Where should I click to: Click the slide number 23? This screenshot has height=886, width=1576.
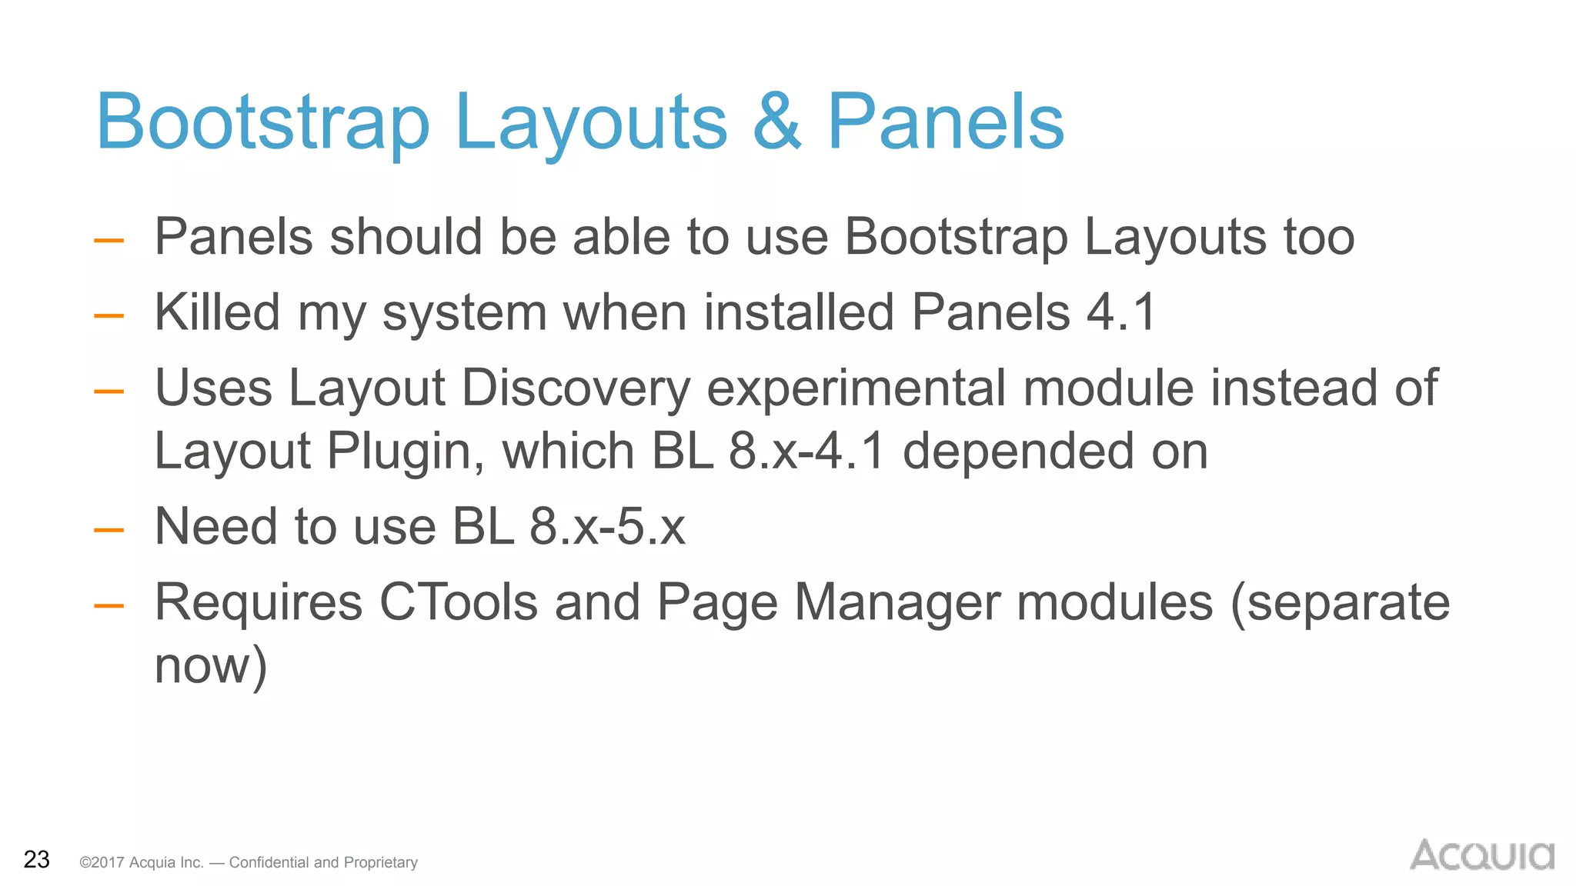pos(37,859)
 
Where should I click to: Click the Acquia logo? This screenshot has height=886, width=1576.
pos(1481,855)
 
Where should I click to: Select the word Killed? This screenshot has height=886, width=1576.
pos(217,312)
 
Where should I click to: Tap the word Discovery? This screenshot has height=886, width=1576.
pos(576,388)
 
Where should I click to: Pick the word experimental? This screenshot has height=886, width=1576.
pos(856,388)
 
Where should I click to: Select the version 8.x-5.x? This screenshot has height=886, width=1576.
pos(607,527)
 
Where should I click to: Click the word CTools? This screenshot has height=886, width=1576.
pos(459,602)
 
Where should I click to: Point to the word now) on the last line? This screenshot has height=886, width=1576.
pos(211,666)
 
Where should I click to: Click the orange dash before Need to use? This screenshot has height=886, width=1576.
pos(109,530)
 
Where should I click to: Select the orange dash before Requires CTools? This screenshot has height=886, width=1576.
pos(109,605)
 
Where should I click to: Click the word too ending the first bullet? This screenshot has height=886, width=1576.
pos(1318,237)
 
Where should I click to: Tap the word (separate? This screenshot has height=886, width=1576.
pos(1340,602)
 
